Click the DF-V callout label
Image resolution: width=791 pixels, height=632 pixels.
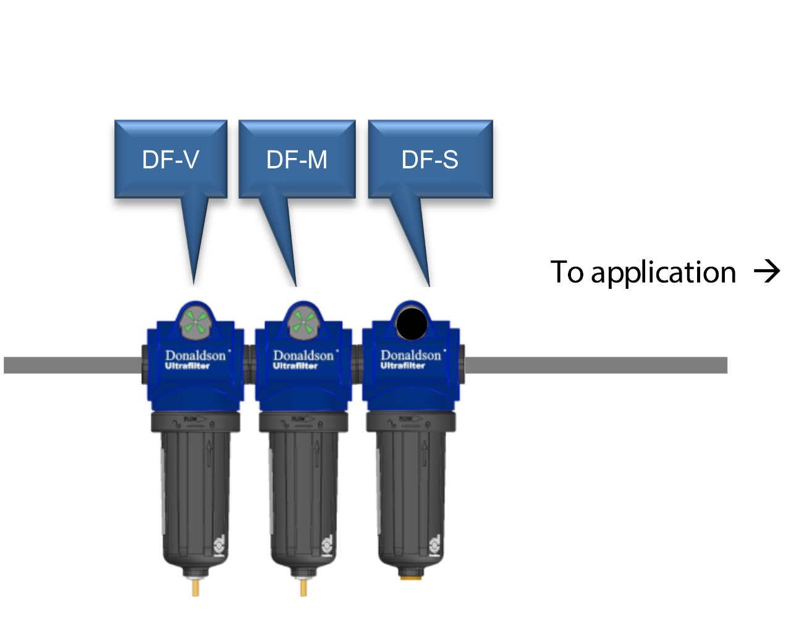(171, 160)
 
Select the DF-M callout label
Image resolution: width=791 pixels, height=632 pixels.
(297, 160)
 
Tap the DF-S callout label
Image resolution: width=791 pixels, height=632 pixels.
(430, 160)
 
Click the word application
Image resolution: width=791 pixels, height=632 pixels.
(663, 272)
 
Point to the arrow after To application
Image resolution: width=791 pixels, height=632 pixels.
(768, 271)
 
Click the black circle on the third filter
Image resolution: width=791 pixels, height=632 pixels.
(412, 324)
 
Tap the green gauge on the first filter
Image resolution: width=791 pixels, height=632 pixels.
(195, 322)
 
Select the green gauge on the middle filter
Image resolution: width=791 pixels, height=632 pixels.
(303, 322)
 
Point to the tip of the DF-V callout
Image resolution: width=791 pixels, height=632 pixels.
(194, 283)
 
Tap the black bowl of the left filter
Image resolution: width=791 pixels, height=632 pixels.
(195, 494)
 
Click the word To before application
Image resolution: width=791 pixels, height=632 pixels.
(567, 272)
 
